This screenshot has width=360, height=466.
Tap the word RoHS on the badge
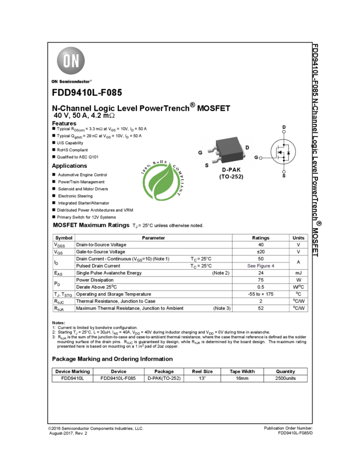tap(159, 163)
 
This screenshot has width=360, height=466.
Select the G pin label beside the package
tap(201, 152)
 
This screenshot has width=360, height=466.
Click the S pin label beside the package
tap(207, 165)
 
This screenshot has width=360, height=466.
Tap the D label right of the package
tap(247, 147)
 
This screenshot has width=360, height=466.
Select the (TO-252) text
tap(231, 177)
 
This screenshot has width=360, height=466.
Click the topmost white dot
tap(284, 132)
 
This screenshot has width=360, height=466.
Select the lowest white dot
tap(284, 172)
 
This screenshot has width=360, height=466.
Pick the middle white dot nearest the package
tap(261, 158)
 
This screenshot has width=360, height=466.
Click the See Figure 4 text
tap(261, 266)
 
